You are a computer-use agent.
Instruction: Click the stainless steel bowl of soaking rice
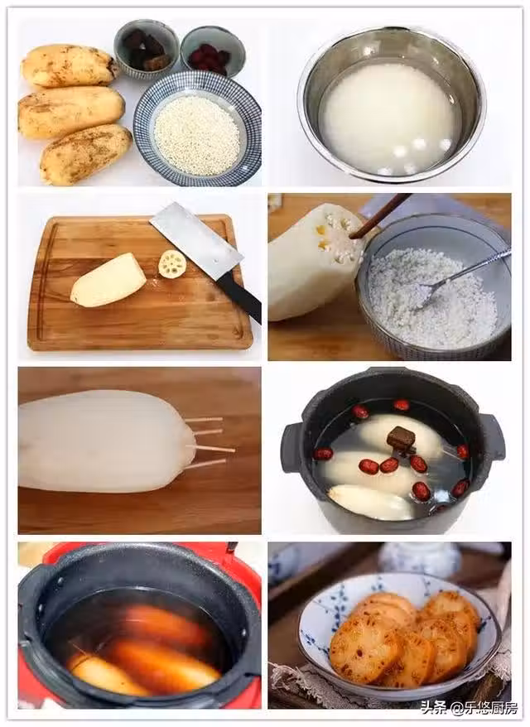392,101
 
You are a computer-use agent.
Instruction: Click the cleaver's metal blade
196,241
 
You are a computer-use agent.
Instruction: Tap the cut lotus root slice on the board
172,264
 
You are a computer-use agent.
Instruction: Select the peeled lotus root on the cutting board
108,280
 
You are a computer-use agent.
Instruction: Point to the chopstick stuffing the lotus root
380,215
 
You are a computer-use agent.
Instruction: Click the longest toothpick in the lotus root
210,448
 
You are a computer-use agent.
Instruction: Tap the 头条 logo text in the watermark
432,708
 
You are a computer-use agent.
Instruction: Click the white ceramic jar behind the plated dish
419,559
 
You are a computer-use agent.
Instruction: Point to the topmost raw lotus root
70,65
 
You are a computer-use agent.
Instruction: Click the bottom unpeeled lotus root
86,154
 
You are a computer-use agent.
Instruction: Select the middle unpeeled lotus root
71,113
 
